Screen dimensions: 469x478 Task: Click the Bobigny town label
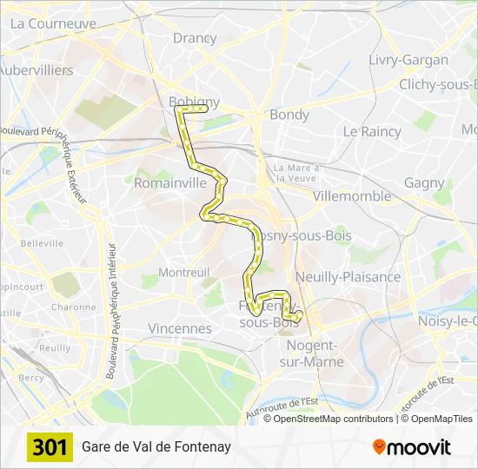(194, 102)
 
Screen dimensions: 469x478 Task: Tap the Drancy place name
(195, 37)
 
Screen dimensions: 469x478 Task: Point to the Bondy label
(289, 114)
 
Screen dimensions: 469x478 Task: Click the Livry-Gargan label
(408, 60)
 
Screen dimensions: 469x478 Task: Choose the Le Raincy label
(372, 131)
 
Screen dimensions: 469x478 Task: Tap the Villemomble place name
(352, 195)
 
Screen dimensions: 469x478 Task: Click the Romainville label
(170, 183)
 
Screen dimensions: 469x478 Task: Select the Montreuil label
(183, 272)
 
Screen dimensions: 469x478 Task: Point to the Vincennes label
(180, 328)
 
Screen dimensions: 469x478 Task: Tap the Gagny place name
(424, 183)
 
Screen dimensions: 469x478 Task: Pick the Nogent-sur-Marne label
(315, 353)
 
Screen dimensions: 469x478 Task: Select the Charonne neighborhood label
(73, 307)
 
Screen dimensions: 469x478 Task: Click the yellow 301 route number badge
(50, 447)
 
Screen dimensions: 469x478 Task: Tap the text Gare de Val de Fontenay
(156, 447)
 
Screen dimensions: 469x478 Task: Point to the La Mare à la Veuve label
(296, 172)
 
